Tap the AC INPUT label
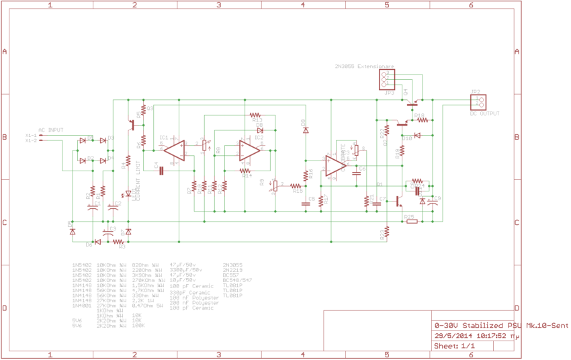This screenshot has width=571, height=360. pos(51,129)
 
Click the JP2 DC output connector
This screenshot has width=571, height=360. pos(478,102)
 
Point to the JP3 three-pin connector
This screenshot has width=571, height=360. pos(388,80)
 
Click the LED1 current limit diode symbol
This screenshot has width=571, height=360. pos(128,193)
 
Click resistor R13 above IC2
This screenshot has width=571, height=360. pos(255,115)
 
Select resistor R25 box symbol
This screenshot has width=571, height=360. pos(411,221)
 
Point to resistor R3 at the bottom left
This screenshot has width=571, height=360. pos(120,242)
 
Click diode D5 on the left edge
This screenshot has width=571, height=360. pos(72,230)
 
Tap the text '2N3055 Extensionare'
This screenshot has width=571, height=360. pos(363,67)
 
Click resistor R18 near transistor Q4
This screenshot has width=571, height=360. pos(423,122)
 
